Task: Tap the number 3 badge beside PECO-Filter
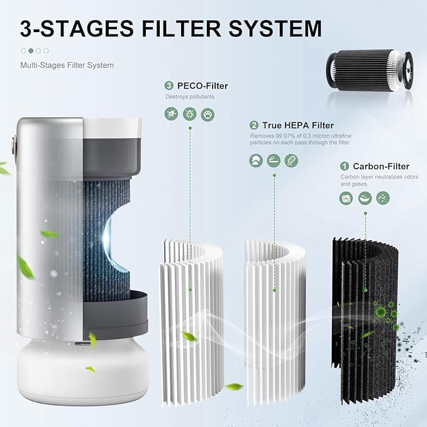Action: [x=169, y=86]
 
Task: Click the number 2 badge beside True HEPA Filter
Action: [x=254, y=125]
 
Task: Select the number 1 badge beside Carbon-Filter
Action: [x=345, y=167]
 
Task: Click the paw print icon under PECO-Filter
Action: [x=208, y=114]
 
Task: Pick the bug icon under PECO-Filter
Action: [x=189, y=114]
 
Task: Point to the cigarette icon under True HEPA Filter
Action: [x=274, y=160]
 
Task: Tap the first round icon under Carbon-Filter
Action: [x=346, y=198]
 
